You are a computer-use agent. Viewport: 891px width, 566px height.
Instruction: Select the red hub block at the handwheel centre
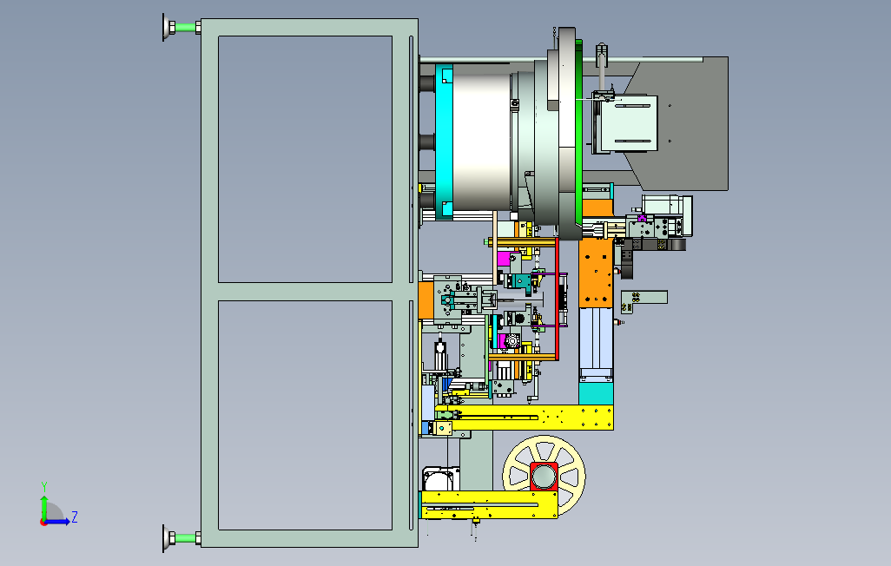(x=544, y=477)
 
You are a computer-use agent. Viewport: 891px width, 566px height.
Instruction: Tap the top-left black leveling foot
(x=166, y=27)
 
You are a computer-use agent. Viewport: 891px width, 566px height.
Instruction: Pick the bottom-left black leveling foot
(x=166, y=538)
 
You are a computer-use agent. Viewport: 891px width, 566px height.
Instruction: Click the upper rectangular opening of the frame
(x=304, y=159)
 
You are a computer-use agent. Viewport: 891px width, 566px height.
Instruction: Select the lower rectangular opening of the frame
(x=304, y=414)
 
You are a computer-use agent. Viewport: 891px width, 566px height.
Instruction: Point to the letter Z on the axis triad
(x=75, y=517)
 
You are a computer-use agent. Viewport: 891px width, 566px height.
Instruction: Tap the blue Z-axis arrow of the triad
(x=59, y=521)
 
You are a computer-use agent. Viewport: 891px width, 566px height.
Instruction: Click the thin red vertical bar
(x=558, y=299)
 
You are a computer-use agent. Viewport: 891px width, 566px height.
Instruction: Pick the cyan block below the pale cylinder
(x=596, y=393)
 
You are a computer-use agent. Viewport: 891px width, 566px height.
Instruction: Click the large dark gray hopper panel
(x=695, y=122)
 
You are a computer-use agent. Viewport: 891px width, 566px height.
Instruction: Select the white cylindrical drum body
(x=480, y=139)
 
